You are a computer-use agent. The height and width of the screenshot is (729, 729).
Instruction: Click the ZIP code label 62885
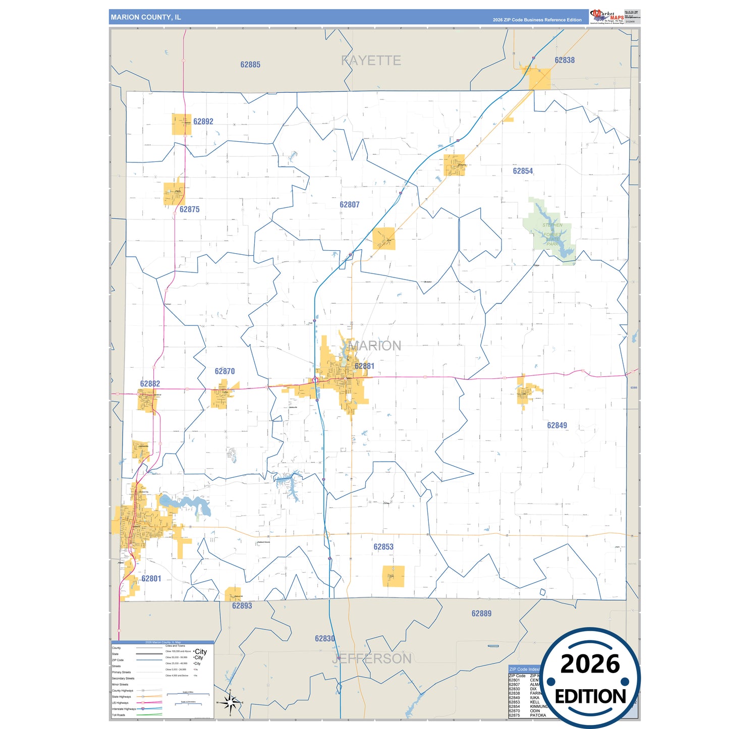250,65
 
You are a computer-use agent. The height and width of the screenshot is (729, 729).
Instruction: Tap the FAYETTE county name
371,61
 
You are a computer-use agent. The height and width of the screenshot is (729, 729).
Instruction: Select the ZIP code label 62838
565,60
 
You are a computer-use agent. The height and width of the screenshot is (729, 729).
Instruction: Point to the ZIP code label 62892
203,122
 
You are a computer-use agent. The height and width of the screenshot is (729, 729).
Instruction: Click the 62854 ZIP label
523,171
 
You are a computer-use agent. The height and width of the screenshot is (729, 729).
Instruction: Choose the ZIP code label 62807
350,204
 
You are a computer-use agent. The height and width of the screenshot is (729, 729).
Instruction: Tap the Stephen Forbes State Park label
552,235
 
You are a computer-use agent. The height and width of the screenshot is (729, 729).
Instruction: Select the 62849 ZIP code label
557,425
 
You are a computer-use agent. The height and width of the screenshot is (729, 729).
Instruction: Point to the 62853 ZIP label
383,547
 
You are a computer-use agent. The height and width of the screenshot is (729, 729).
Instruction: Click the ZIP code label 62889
481,613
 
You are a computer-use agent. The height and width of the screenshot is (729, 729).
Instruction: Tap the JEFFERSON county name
372,658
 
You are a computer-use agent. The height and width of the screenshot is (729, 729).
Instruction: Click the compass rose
230,702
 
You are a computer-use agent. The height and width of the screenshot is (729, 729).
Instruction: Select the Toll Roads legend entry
119,715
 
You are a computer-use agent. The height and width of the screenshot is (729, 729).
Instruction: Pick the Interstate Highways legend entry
123,709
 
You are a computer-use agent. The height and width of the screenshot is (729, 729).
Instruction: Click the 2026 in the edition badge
590,664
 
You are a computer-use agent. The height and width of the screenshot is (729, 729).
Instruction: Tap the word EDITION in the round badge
590,697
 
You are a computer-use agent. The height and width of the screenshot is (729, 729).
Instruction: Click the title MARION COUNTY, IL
146,17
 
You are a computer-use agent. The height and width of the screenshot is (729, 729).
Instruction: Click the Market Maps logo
607,16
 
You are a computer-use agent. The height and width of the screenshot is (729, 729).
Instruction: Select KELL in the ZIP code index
534,702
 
